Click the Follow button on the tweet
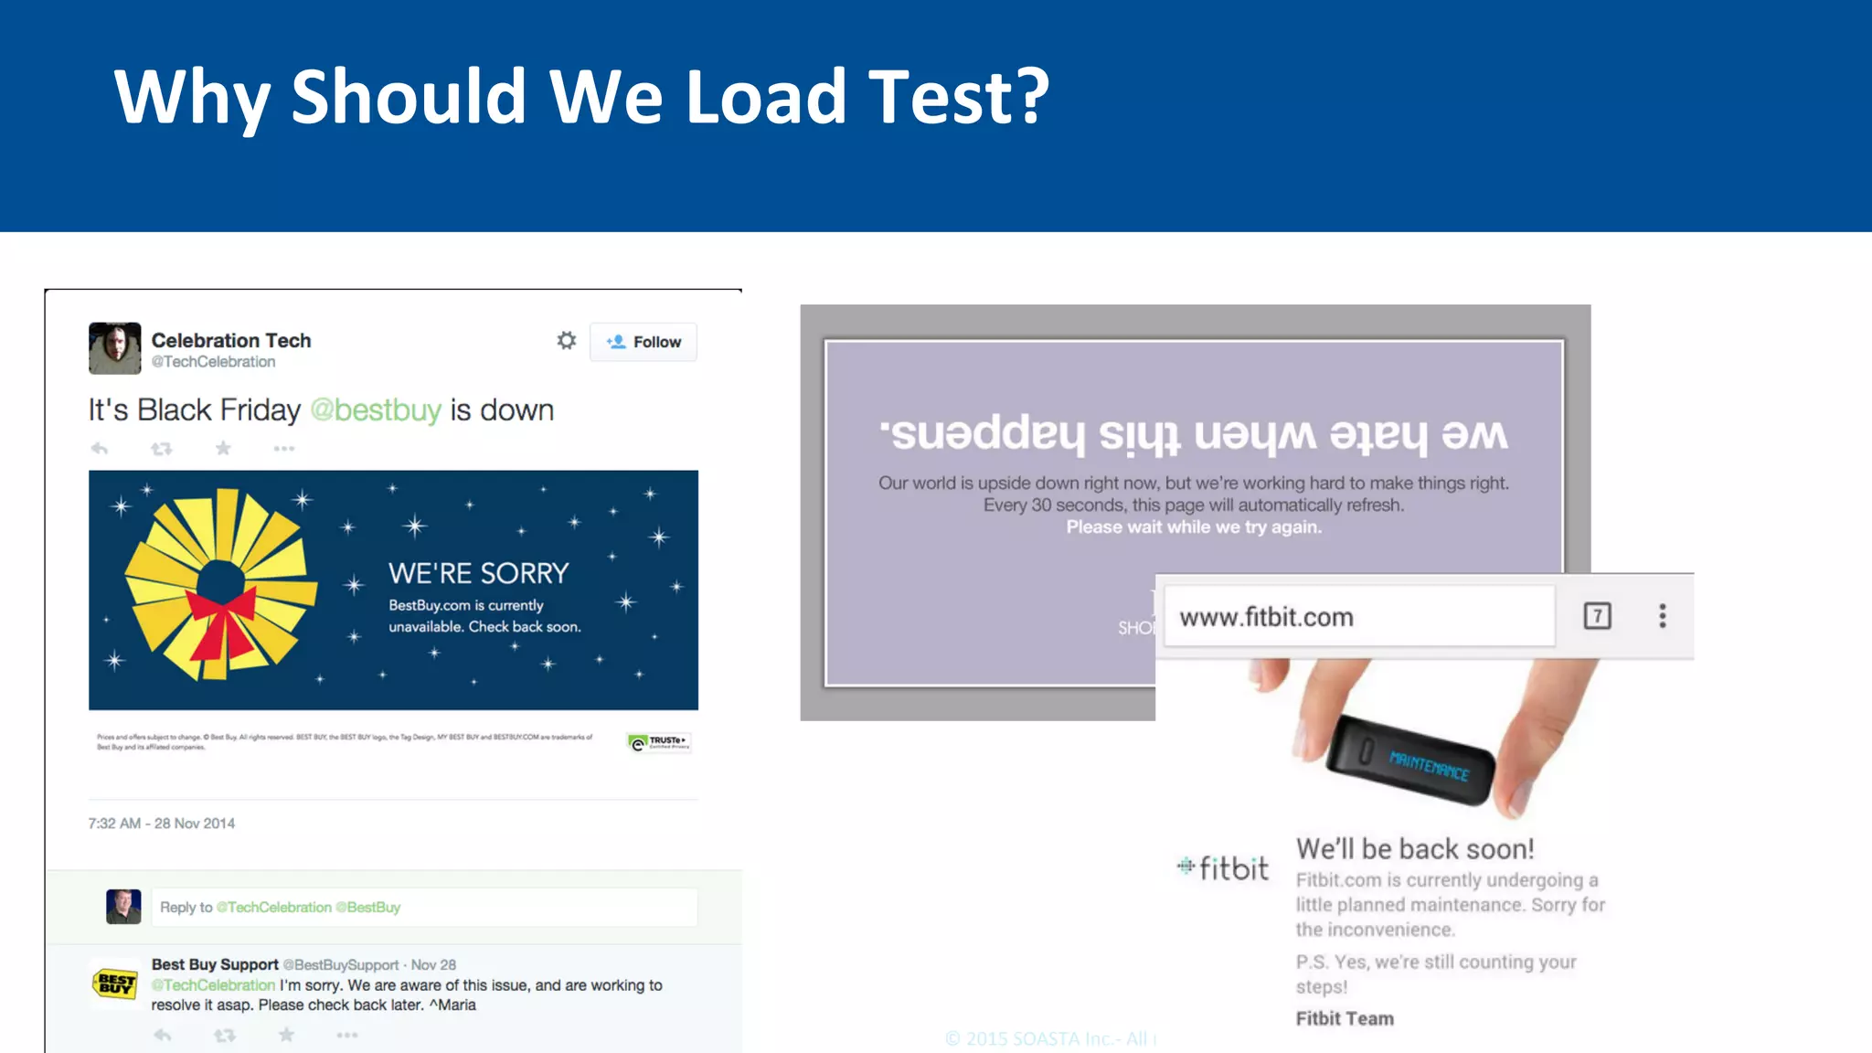pyautogui.click(x=643, y=342)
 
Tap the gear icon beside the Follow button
pyautogui.click(x=567, y=341)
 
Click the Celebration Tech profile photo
pyautogui.click(x=115, y=348)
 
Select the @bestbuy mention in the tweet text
pyautogui.click(x=376, y=410)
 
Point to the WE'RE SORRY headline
pyautogui.click(x=478, y=573)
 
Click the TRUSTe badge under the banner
pyautogui.click(x=658, y=742)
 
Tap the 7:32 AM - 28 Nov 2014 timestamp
pyautogui.click(x=162, y=824)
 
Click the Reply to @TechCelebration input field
pyautogui.click(x=424, y=908)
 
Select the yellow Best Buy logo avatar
pyautogui.click(x=115, y=984)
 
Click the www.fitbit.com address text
pyautogui.click(x=1266, y=618)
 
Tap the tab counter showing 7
pyautogui.click(x=1597, y=616)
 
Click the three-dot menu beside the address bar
pyautogui.click(x=1663, y=616)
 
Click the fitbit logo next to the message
pyautogui.click(x=1223, y=867)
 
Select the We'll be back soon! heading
pyautogui.click(x=1415, y=849)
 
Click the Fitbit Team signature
pyautogui.click(x=1345, y=1018)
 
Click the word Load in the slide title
pyautogui.click(x=766, y=97)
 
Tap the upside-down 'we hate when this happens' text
pyautogui.click(x=1193, y=432)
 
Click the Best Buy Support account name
pyautogui.click(x=215, y=964)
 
